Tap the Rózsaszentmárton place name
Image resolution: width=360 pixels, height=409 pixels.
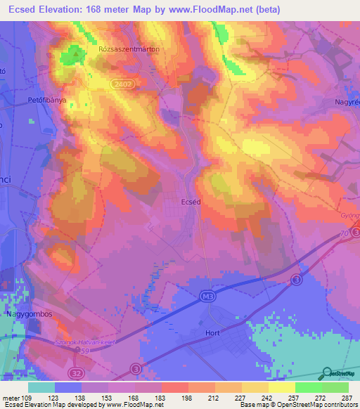click(x=129, y=50)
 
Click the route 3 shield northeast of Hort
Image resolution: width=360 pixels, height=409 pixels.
click(x=297, y=280)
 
